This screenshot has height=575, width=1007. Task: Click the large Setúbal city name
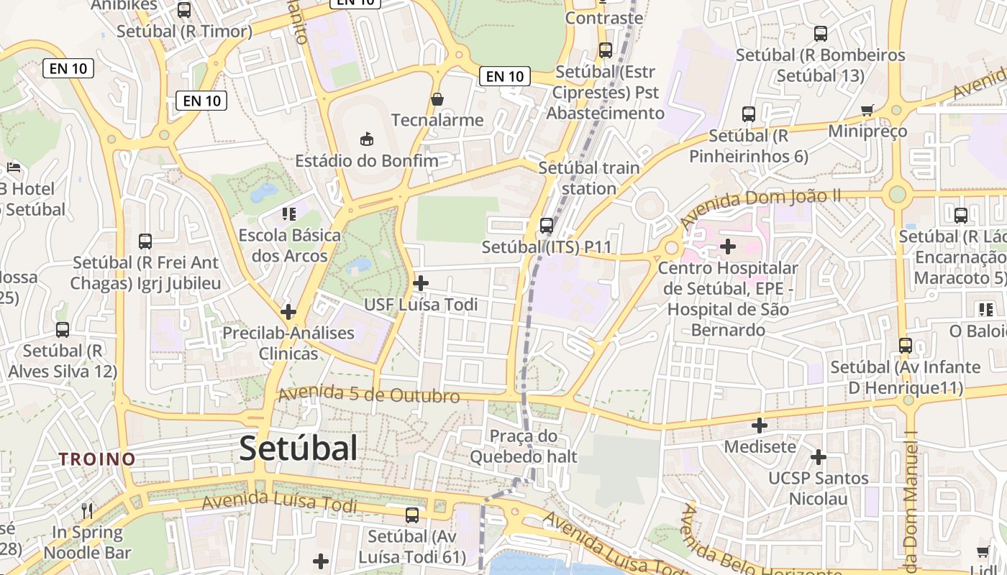point(298,448)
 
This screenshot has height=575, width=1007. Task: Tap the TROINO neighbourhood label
point(97,459)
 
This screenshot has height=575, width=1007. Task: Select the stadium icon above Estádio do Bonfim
point(367,138)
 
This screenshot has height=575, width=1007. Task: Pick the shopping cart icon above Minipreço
point(867,110)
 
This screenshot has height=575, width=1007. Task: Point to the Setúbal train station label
point(588,178)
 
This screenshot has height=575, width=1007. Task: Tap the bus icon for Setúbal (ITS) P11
point(547,225)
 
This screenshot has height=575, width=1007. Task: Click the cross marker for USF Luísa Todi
point(421,283)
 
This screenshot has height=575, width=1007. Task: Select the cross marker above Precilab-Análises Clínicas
point(288,312)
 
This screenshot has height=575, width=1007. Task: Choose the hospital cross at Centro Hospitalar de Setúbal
point(728,247)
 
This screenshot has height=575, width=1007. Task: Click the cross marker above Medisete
point(760,425)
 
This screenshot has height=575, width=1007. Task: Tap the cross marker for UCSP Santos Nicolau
point(818,457)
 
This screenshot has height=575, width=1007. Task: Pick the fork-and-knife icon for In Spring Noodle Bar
point(87,511)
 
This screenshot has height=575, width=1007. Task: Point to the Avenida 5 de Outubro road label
point(369,395)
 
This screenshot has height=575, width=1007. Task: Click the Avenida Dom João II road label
point(760,206)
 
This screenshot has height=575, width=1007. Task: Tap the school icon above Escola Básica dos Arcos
point(289,213)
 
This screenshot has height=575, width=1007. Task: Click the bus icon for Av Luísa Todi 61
point(412,515)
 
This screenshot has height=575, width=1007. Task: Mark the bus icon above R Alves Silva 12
point(63,330)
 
